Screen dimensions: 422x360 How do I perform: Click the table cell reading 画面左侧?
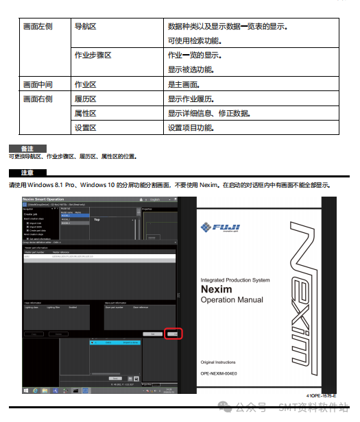pyautogui.click(x=38, y=27)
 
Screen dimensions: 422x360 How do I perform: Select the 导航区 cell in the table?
pyautogui.click(x=85, y=27)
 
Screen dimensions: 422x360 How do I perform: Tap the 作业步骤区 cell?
pyautogui.click(x=93, y=55)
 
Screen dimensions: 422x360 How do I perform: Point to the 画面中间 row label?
pyautogui.click(x=38, y=84)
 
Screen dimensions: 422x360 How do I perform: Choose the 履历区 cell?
pyautogui.click(x=85, y=99)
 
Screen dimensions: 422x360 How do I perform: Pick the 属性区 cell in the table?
pyautogui.click(x=85, y=113)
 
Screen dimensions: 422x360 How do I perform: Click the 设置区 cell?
pyautogui.click(x=85, y=127)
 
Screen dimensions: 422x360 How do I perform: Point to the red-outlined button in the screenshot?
pyautogui.click(x=173, y=334)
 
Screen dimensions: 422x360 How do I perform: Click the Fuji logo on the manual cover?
pyautogui.click(x=220, y=209)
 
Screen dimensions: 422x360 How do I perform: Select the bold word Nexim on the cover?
pyautogui.click(x=217, y=289)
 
